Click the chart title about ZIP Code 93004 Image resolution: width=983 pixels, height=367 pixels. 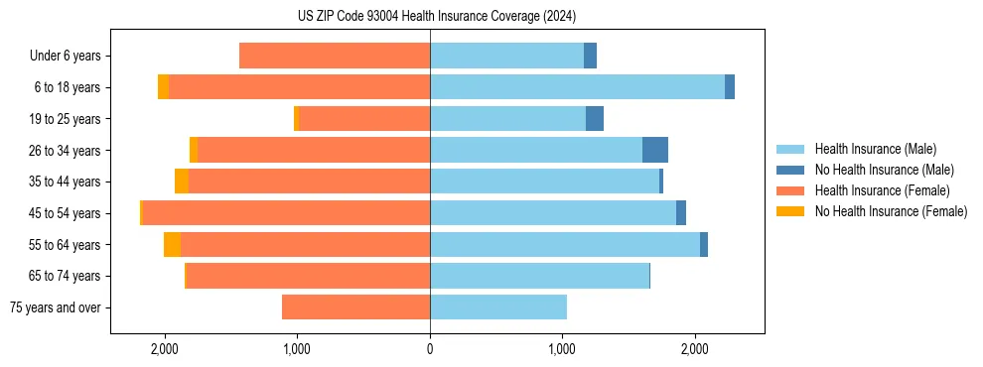(436, 17)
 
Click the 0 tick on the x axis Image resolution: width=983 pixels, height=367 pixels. (430, 349)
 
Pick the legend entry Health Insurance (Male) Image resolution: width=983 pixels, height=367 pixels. (875, 150)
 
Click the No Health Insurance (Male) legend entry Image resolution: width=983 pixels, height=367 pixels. (884, 171)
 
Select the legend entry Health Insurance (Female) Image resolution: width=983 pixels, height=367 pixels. (880, 190)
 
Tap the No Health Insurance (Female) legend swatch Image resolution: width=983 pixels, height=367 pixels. (791, 211)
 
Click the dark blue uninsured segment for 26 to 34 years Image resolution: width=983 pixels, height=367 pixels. (655, 150)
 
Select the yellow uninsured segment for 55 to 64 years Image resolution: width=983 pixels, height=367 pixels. (172, 244)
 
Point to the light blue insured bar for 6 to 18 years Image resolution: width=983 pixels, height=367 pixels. (577, 87)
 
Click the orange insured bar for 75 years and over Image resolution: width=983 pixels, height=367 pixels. (355, 307)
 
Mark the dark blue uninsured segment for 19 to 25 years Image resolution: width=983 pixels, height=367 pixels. (595, 119)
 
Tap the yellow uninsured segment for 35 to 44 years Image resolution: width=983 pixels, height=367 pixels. (182, 182)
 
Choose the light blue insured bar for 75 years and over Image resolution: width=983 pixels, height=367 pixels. (498, 307)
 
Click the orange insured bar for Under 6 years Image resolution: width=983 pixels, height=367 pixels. (335, 56)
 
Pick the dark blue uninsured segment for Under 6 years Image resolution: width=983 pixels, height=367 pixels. (590, 56)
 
